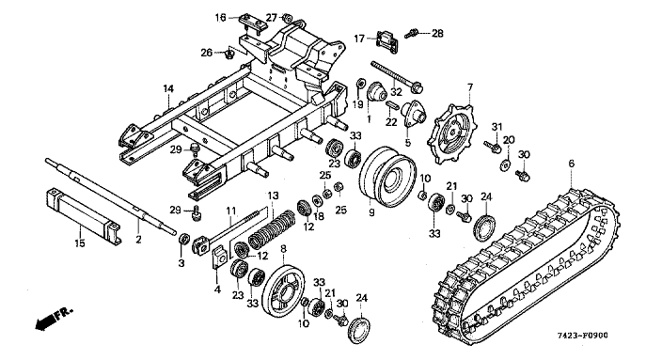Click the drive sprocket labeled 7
coord(450,131)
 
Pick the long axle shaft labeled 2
coord(111,196)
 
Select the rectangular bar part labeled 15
coord(83,217)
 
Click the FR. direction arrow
coord(54,319)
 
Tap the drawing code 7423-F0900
coord(582,336)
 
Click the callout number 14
coord(168,88)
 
